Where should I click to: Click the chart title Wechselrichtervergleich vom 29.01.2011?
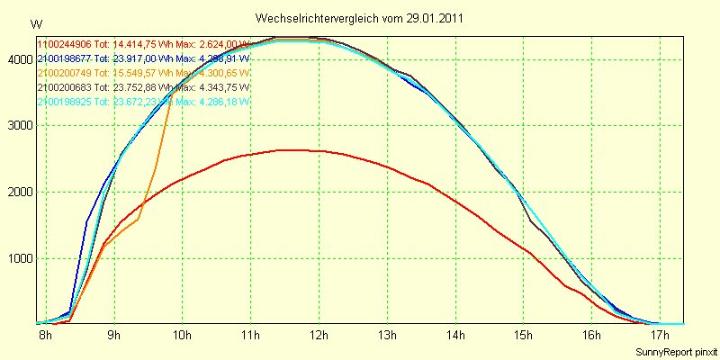tap(360, 18)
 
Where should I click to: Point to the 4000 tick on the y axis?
tap(18, 59)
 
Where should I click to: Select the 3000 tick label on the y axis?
tap(18, 126)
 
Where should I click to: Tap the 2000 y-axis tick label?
tap(18, 192)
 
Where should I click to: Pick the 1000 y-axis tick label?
tap(18, 258)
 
